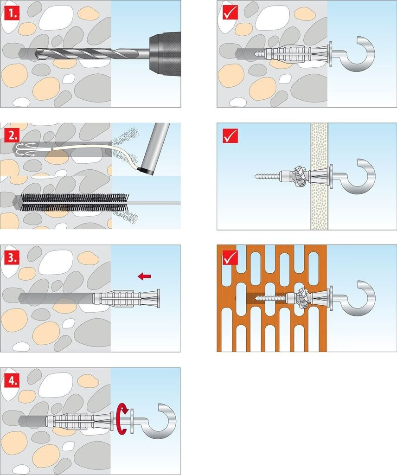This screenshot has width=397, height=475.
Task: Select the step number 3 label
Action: (12, 258)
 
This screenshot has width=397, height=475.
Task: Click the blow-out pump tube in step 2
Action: (156, 148)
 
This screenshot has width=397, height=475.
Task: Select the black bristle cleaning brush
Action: (75, 202)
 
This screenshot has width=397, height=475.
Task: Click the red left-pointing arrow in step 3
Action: (144, 276)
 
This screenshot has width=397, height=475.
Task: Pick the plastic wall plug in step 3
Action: (126, 298)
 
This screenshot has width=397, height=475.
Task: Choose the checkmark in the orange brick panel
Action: (230, 258)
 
